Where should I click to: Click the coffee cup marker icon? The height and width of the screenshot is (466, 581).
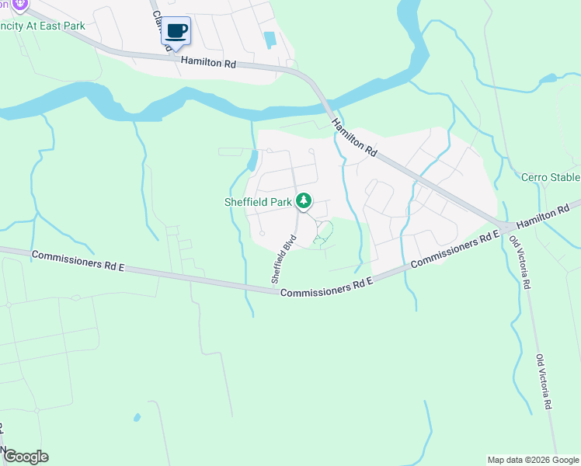[x=176, y=31]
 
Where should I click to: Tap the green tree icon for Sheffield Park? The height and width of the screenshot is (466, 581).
[x=304, y=202]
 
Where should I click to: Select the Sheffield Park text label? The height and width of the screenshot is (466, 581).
[x=258, y=202]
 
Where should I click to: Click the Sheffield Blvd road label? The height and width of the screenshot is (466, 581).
[x=284, y=259]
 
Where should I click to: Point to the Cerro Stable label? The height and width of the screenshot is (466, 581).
[x=551, y=177]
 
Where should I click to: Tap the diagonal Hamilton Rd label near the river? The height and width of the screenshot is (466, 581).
[x=353, y=138]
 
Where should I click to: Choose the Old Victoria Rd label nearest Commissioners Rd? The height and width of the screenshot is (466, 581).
[x=520, y=261]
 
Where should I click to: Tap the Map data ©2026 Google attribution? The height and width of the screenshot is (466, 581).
[x=533, y=460]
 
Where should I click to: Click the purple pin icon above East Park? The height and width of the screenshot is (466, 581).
[x=20, y=4]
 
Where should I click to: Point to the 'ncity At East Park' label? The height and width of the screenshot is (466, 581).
[x=43, y=25]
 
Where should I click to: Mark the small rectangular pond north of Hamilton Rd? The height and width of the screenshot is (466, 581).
[x=270, y=39]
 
